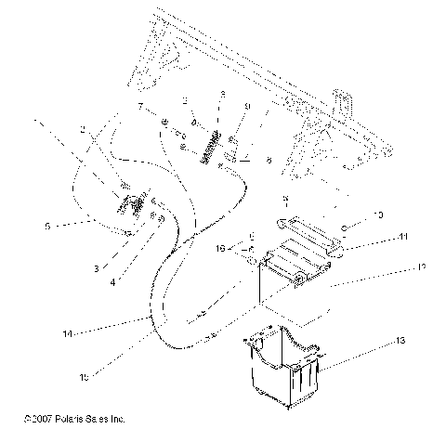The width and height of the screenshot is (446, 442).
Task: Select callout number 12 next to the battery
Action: [423, 267]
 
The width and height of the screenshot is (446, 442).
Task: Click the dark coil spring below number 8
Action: [212, 147]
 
